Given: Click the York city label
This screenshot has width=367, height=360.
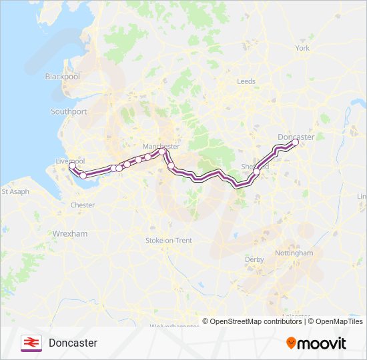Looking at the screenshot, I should click(302, 48).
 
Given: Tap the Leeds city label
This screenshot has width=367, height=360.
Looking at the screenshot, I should click(246, 81).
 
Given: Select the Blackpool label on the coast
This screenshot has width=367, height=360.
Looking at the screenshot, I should click(62, 77).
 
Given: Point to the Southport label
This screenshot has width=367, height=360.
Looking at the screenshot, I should click(69, 111).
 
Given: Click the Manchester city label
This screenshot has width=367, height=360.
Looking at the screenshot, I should click(161, 146).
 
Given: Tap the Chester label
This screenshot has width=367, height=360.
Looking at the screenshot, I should click(83, 205).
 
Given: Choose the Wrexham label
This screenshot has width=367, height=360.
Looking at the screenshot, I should click(69, 234).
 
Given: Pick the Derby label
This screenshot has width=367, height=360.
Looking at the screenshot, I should click(254, 259).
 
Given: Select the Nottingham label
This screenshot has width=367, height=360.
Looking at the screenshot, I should click(294, 253).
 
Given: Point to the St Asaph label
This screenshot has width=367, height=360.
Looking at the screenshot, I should click(15, 191).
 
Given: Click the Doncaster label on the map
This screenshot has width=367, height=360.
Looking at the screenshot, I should click(296, 137).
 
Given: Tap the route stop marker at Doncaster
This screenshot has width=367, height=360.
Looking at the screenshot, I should click(295, 142).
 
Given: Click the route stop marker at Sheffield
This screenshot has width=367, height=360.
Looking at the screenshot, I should click(256, 171).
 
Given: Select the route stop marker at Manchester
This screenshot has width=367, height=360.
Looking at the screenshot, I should click(161, 152).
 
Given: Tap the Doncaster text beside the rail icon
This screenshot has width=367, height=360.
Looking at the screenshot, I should click(73, 343).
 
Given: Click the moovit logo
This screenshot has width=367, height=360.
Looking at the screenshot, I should click(316, 343).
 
